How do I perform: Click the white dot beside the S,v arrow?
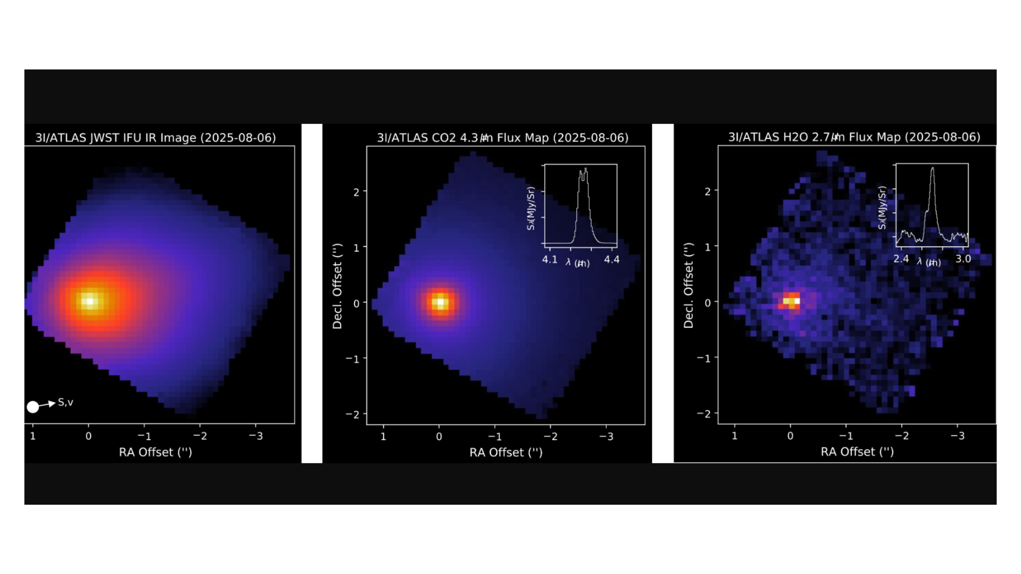(33, 407)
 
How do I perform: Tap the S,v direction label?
(66, 402)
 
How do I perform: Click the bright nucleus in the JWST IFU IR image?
(90, 301)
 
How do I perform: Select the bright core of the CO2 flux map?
(440, 303)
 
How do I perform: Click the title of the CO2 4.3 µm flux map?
(503, 138)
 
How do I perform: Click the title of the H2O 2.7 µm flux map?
(854, 137)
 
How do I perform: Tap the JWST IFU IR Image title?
(156, 138)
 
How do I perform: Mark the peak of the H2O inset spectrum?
(932, 169)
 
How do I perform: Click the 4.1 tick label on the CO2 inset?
(550, 260)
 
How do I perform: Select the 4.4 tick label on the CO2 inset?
(611, 260)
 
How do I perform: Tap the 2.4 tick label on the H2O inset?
(901, 259)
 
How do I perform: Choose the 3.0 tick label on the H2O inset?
(963, 259)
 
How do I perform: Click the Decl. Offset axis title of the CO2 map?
(337, 286)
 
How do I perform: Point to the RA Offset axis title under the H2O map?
(857, 452)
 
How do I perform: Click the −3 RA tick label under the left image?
(256, 436)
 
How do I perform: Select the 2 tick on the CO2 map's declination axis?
(356, 192)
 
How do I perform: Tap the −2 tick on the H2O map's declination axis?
(704, 414)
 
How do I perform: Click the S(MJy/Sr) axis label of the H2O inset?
(882, 208)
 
